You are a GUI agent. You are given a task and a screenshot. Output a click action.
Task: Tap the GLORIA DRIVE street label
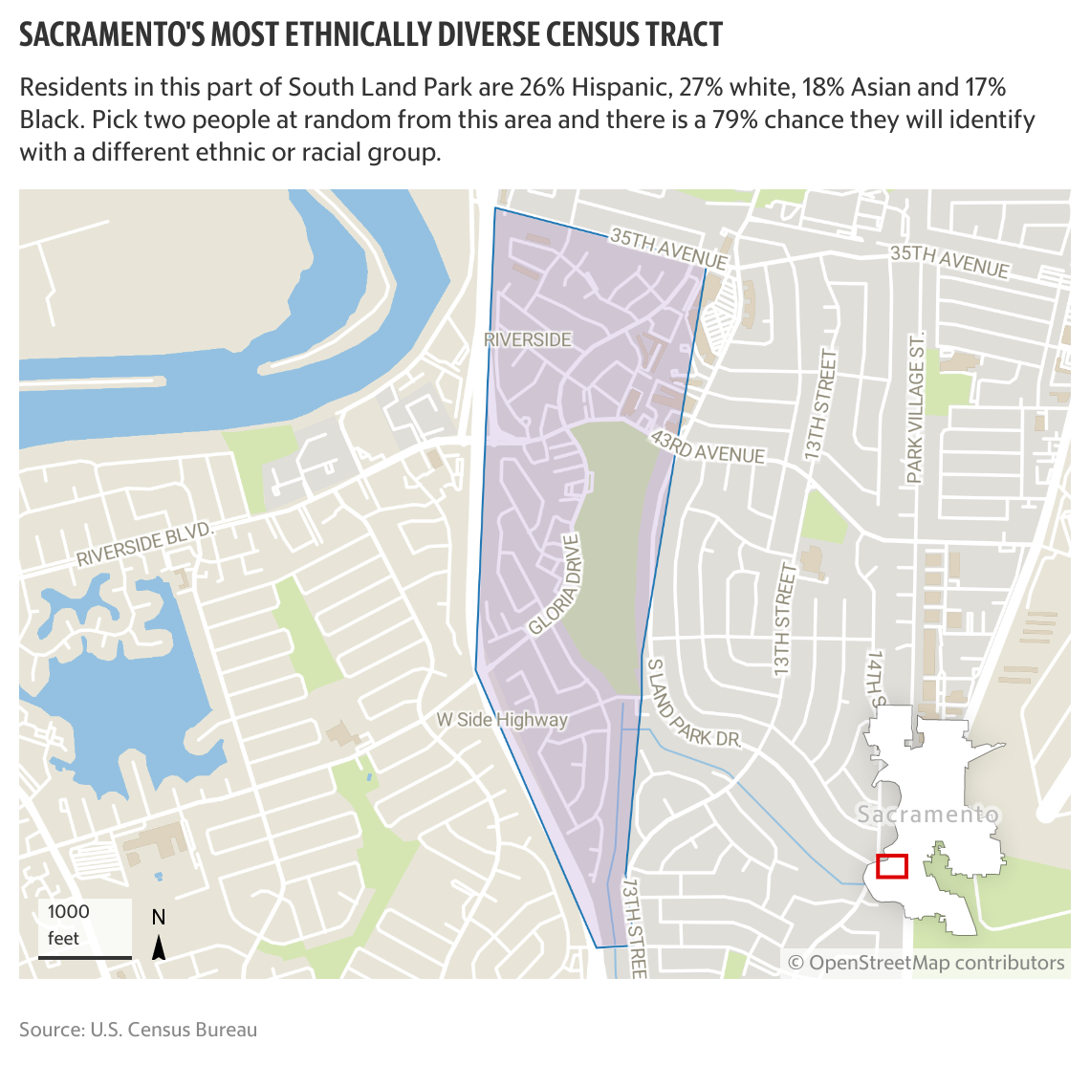(x=556, y=584)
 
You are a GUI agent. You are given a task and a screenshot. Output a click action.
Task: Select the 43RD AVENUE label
(x=708, y=446)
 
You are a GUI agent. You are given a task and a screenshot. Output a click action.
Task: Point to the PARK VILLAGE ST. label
(x=916, y=409)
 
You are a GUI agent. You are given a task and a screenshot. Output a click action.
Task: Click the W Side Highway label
(x=502, y=720)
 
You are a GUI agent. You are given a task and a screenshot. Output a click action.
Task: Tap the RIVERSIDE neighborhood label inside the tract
(x=528, y=339)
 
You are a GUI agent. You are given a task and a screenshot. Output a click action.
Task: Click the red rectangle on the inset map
(x=892, y=866)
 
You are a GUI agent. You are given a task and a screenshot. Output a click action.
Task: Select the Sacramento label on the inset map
(x=927, y=815)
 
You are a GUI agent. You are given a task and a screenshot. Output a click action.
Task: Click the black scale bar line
(x=85, y=956)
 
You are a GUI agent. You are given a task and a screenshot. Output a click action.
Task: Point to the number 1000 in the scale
(x=68, y=912)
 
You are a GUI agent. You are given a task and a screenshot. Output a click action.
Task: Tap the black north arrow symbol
(x=160, y=946)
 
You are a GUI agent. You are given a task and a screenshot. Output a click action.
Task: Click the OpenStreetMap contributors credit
(x=926, y=963)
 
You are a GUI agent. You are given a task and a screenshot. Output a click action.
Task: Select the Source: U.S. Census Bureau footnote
(x=139, y=1030)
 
